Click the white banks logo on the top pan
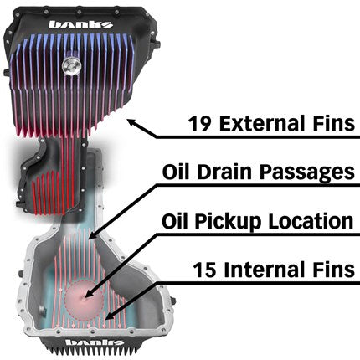(x=80, y=24)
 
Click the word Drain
(x=231, y=172)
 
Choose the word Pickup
(x=241, y=222)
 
